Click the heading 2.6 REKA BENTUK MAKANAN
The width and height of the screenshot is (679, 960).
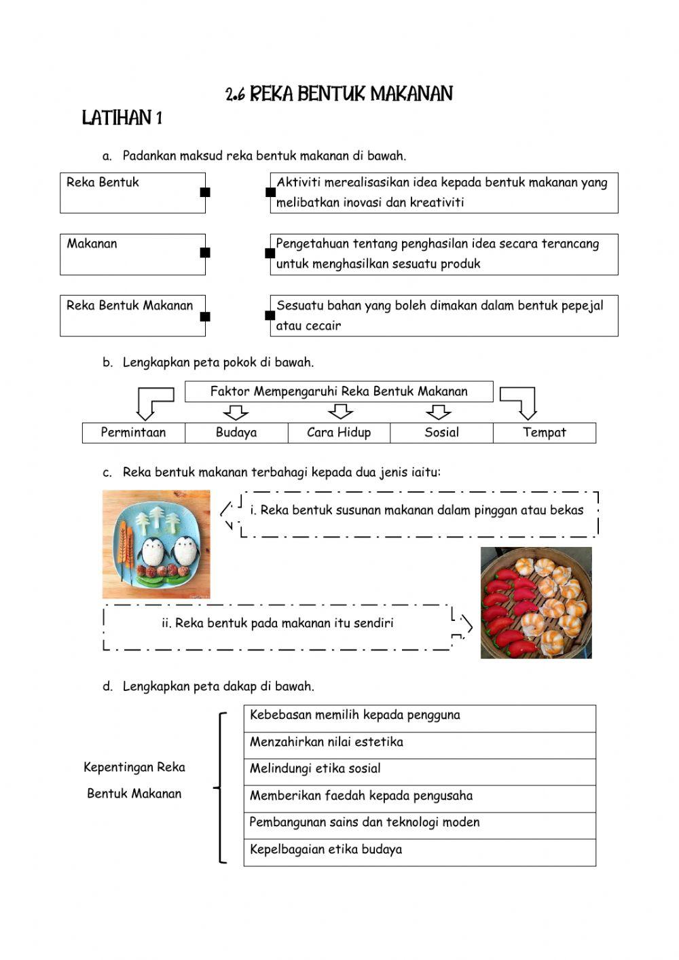339,94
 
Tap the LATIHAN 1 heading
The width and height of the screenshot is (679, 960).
122,118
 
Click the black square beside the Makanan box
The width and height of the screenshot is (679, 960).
205,253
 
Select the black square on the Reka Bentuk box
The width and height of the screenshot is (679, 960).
205,192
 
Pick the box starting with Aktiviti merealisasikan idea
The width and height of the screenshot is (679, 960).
444,193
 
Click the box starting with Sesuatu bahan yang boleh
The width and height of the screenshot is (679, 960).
444,316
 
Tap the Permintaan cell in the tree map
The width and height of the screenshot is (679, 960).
134,433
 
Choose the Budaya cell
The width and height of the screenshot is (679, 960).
236,433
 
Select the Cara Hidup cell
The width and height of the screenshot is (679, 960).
339,433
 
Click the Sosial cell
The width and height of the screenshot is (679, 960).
441,433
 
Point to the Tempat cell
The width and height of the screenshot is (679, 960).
545,433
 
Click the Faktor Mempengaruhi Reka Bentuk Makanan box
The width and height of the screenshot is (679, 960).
339,391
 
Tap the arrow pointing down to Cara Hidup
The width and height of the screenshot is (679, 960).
340,412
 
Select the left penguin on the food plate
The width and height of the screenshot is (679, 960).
153,551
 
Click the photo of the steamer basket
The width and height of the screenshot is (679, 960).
536,603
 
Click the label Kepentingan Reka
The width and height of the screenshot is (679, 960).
134,768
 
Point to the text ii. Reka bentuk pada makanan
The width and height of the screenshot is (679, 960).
278,623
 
